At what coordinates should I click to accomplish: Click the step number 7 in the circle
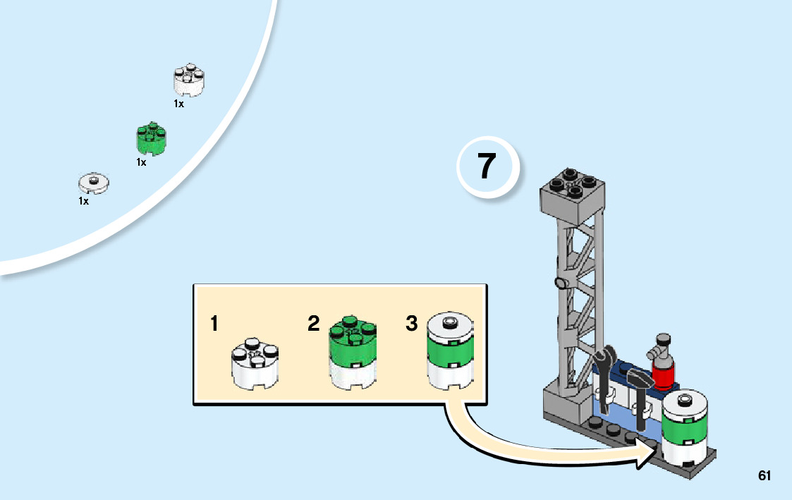click(x=487, y=166)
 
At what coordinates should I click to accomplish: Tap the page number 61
click(x=764, y=475)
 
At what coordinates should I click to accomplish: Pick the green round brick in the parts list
click(x=151, y=138)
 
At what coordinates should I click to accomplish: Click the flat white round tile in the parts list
click(x=93, y=183)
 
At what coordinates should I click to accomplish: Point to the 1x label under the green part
click(x=142, y=162)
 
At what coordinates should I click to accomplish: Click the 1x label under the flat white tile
click(x=83, y=201)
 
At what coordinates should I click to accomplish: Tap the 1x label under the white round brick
click(x=179, y=104)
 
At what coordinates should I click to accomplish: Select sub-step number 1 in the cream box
click(x=214, y=323)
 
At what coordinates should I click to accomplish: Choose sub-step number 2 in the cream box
click(x=314, y=323)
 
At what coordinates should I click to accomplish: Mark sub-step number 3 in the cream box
click(x=412, y=323)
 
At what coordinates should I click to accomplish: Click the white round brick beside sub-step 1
click(x=255, y=363)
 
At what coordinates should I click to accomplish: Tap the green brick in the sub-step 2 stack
click(x=353, y=339)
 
